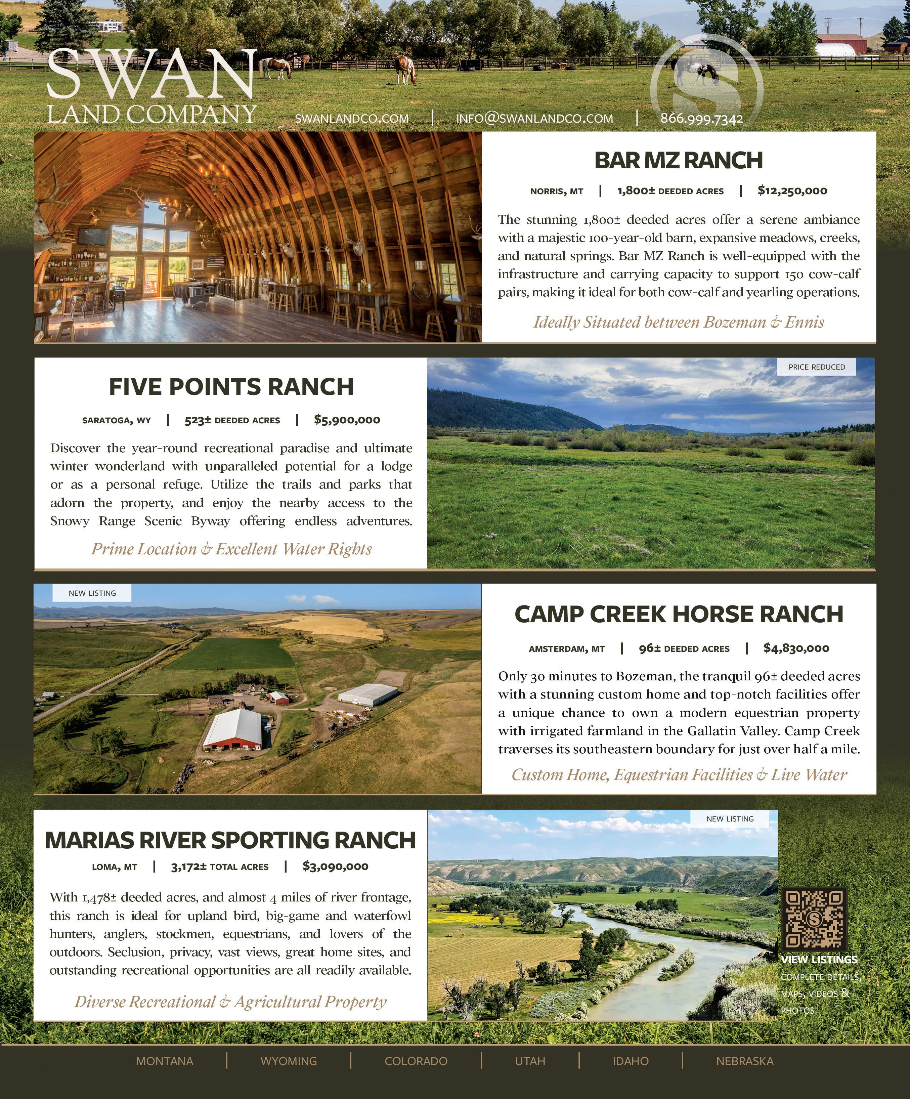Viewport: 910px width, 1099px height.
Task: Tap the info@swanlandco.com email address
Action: (534, 118)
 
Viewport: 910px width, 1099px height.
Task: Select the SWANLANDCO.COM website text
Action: (352, 118)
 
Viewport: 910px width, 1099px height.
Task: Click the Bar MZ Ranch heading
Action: (678, 160)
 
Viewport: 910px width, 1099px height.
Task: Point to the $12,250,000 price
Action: (792, 191)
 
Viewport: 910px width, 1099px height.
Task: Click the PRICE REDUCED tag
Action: (816, 367)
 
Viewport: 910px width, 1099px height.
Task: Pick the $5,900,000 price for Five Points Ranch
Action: (347, 420)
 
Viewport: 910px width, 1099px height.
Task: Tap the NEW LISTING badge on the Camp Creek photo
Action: (92, 593)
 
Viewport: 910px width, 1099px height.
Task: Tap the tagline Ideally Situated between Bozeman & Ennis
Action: (678, 322)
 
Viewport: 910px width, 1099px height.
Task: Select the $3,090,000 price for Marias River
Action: (336, 866)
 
